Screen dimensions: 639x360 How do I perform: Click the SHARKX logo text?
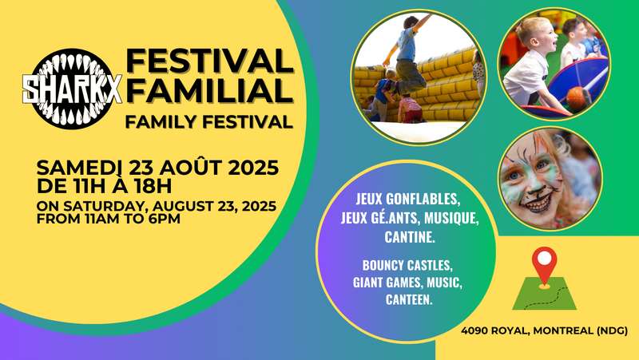click(72, 89)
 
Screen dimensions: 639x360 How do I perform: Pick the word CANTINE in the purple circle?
click(409, 236)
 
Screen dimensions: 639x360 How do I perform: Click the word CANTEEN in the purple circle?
click(408, 299)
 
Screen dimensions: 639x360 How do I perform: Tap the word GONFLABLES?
click(423, 199)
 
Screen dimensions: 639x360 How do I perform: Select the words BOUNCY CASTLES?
click(407, 265)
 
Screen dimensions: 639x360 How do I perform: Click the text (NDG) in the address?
click(612, 330)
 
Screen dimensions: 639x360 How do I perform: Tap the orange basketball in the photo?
click(577, 97)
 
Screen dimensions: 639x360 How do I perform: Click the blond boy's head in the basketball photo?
click(534, 34)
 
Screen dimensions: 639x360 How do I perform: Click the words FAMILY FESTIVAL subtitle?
click(209, 122)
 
